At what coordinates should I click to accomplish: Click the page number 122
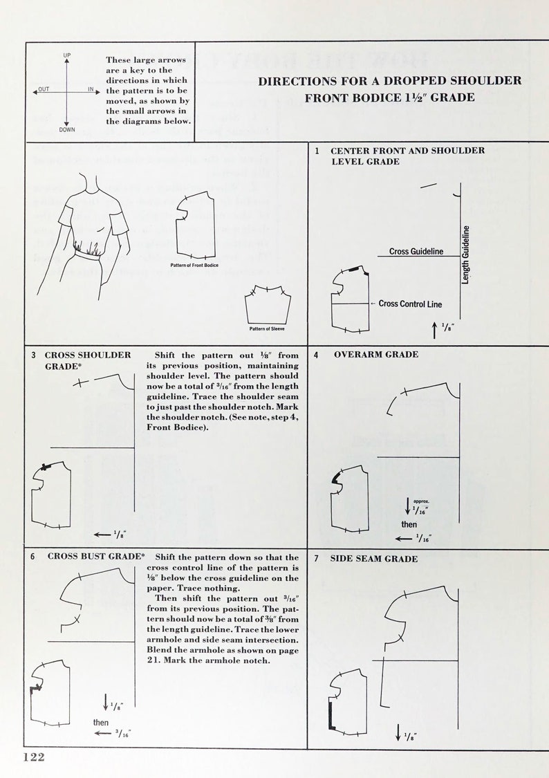34,757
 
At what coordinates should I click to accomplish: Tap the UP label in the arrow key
67,55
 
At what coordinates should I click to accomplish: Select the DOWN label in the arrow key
67,129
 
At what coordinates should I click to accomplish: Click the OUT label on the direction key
44,90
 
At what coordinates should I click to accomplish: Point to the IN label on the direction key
91,90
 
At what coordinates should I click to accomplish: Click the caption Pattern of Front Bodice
194,265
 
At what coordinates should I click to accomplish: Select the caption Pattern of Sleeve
267,328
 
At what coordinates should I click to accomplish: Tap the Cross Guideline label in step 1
416,252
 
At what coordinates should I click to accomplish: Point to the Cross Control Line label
410,304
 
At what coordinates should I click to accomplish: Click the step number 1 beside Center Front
317,151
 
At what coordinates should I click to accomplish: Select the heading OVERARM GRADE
375,355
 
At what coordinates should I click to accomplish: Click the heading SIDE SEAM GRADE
373,559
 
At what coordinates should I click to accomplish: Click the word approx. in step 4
421,501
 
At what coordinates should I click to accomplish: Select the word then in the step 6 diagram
101,722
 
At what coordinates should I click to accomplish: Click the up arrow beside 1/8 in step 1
434,331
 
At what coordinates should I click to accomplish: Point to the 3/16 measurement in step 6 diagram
124,734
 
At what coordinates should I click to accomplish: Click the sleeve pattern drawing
267,303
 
